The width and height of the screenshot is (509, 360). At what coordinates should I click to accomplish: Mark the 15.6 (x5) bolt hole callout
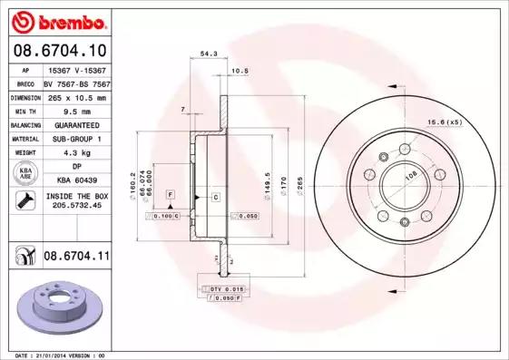(445, 122)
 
